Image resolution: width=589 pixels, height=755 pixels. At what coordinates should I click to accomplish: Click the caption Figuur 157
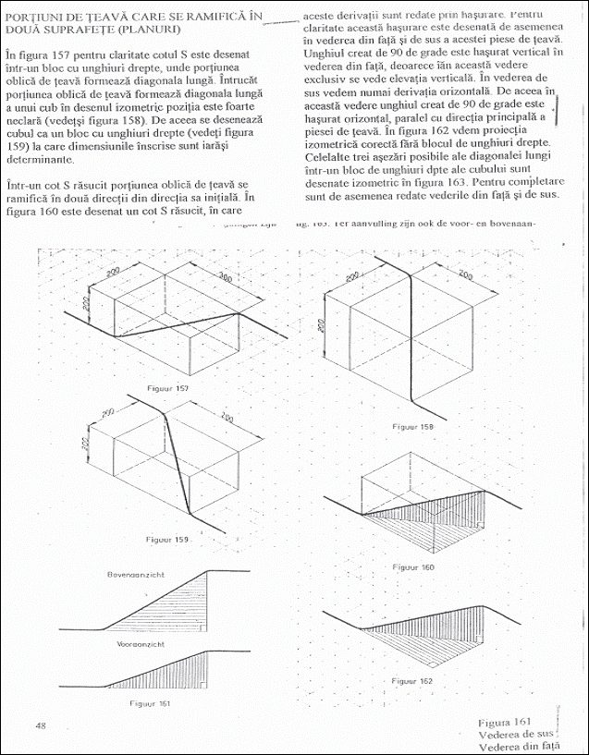coord(167,389)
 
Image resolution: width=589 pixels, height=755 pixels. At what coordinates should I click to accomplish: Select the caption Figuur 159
coord(167,537)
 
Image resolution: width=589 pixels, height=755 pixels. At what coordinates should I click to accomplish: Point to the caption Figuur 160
coord(412,566)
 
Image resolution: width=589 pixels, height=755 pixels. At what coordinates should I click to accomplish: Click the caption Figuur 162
coord(411,681)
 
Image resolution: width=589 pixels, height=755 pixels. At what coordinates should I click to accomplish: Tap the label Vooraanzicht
coord(140,642)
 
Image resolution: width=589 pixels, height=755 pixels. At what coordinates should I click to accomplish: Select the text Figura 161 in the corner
coord(503,722)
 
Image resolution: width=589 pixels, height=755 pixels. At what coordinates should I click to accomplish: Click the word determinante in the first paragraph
coord(38,159)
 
